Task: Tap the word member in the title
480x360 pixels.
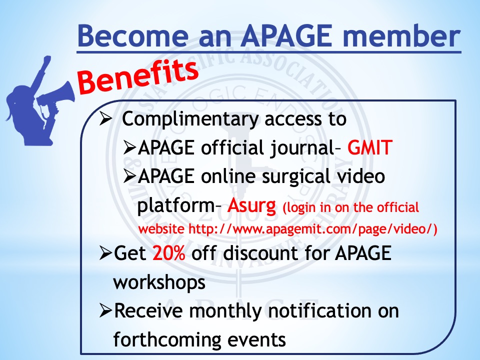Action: pyautogui.click(x=401, y=35)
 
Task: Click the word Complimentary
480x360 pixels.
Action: pyautogui.click(x=190, y=119)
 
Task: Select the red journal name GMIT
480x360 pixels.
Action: pyautogui.click(x=370, y=147)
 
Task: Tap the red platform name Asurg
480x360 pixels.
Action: pyautogui.click(x=251, y=205)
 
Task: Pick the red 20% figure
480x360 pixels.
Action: pyautogui.click(x=169, y=253)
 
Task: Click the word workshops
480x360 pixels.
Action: pyautogui.click(x=159, y=282)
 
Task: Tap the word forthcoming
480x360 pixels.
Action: pyautogui.click(x=167, y=340)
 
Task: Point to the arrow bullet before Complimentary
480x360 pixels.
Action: pyautogui.click(x=105, y=119)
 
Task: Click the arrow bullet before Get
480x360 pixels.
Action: pyautogui.click(x=105, y=253)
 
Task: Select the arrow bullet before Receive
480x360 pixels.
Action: pyautogui.click(x=105, y=310)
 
